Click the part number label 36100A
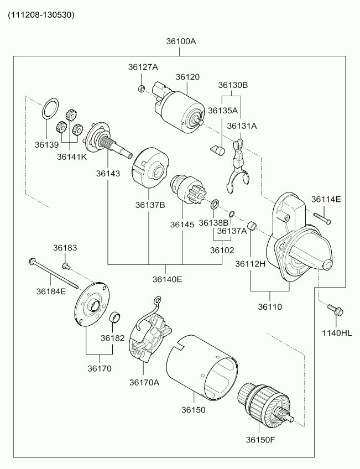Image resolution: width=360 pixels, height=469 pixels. (181, 41)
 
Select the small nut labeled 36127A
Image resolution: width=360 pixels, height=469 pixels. (142, 88)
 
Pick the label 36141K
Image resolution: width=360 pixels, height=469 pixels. (72, 157)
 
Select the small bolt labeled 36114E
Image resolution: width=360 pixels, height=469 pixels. (322, 217)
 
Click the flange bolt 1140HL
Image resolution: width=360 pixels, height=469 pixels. (335, 310)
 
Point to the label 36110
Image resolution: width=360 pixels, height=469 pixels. (270, 307)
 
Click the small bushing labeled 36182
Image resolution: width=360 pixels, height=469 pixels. (115, 317)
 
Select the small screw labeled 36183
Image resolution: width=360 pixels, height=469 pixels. (66, 265)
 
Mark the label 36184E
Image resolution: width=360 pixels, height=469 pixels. (51, 291)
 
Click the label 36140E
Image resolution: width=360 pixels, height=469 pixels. (167, 279)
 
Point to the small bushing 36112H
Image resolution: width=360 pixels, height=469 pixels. (252, 226)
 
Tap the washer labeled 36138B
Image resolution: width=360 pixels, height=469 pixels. (215, 205)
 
